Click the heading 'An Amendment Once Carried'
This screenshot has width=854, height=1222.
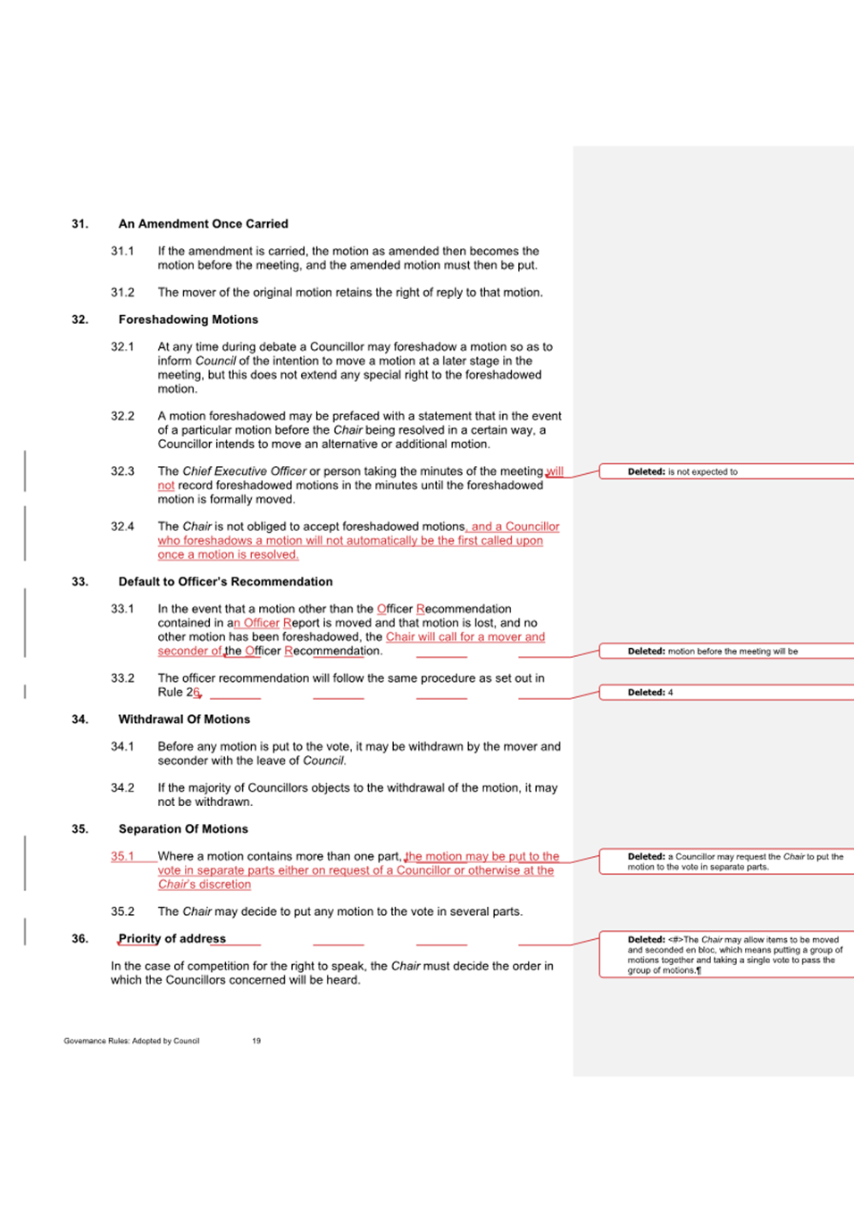pos(203,224)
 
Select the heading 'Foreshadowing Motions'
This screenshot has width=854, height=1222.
pos(188,320)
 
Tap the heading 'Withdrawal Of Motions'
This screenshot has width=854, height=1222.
pos(184,719)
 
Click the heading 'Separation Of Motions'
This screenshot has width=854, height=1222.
pos(183,829)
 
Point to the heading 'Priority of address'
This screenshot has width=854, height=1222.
pos(172,939)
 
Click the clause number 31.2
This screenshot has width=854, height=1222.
pos(122,293)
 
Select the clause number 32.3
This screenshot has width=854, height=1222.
pos(122,471)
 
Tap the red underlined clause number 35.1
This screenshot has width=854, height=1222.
pos(122,856)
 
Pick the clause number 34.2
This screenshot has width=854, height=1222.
pos(122,788)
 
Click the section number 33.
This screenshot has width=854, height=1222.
pos(80,582)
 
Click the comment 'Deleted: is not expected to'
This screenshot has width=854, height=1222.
pos(682,472)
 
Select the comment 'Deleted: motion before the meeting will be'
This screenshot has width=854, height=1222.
pos(712,652)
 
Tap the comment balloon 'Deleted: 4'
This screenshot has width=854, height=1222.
pos(650,693)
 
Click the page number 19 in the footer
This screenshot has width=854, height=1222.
pos(256,1041)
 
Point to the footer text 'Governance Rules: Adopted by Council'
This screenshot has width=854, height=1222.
pos(131,1041)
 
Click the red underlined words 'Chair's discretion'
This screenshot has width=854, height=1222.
pos(205,885)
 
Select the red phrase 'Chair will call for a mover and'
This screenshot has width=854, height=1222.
pos(465,637)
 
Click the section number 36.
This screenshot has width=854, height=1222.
pos(80,939)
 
